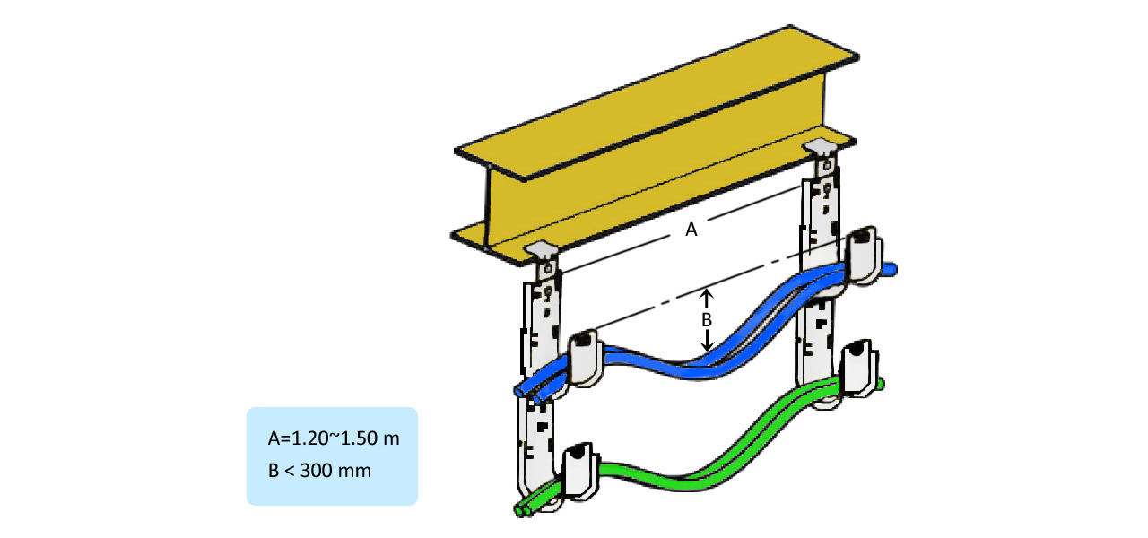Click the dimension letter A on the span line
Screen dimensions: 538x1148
click(691, 230)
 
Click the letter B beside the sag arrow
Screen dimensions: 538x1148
click(706, 318)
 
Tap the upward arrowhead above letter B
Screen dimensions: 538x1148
click(706, 293)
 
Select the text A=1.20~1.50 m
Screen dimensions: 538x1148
click(333, 439)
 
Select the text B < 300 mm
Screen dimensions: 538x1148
click(318, 469)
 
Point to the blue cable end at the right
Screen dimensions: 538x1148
click(891, 268)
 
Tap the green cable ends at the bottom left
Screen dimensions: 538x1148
click(524, 508)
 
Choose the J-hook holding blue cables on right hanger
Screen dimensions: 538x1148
click(863, 256)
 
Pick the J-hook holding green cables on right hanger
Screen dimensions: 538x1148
click(859, 368)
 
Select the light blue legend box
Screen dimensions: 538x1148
click(332, 456)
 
